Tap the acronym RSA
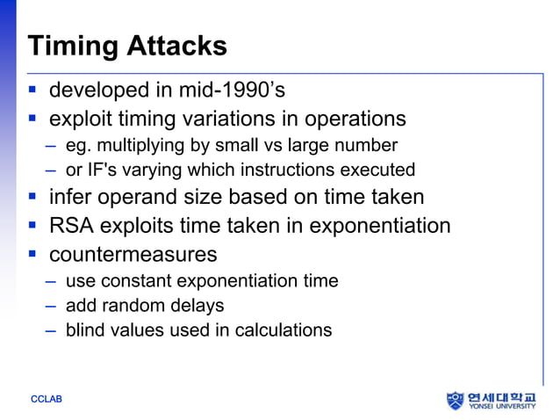coord(70,226)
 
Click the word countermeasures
coord(133,255)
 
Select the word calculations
coord(285,330)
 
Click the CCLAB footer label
coord(46,401)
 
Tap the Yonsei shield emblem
coord(455,401)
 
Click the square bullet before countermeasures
coord(32,255)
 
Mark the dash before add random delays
coord(51,307)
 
